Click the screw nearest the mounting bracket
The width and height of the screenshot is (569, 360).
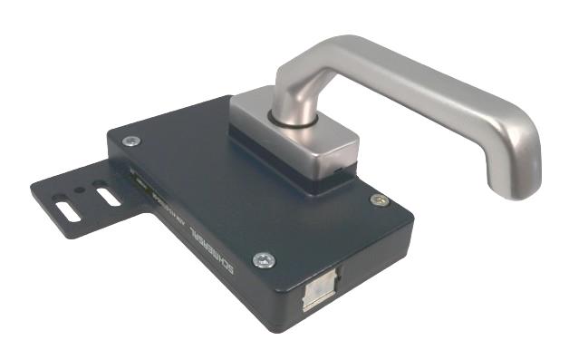point(131,141)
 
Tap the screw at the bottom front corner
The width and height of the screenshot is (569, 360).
point(263,259)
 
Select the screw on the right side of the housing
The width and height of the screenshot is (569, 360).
point(380,199)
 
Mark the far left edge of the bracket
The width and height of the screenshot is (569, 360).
point(33,187)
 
